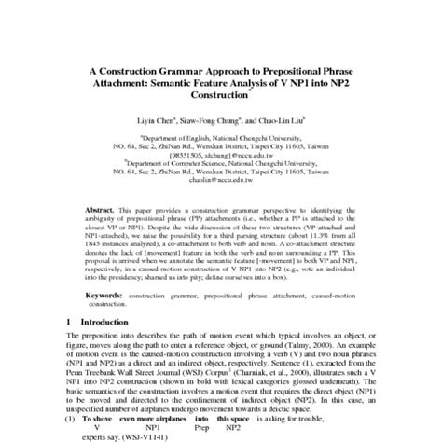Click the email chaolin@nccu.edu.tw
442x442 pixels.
point(221,180)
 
